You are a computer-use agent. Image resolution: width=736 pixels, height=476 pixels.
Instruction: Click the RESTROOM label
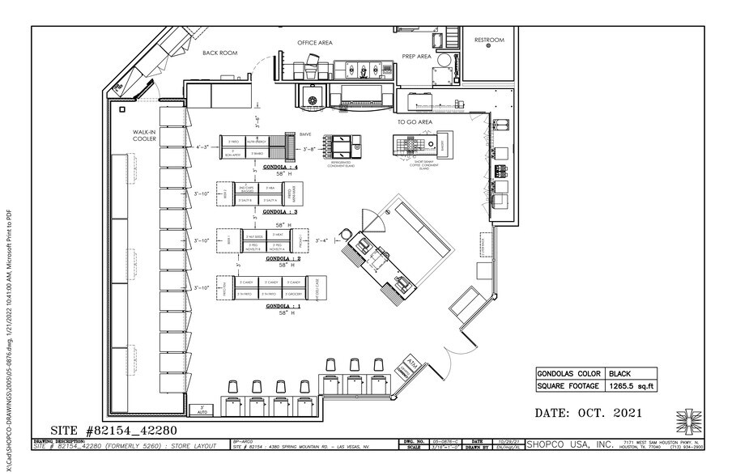click(489, 40)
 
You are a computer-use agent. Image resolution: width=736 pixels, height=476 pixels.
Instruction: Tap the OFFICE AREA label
click(315, 42)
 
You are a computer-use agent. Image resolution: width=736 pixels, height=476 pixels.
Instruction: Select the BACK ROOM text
click(219, 53)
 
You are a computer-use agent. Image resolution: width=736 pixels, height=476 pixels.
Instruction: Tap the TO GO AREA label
click(415, 121)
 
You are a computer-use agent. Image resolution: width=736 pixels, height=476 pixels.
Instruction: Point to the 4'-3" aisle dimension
click(202, 147)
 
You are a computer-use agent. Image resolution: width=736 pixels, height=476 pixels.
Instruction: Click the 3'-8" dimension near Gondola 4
click(309, 150)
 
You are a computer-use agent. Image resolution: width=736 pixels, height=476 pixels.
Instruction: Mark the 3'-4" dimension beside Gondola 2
click(322, 240)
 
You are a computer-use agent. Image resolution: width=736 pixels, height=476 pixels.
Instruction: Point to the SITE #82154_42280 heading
click(103, 430)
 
